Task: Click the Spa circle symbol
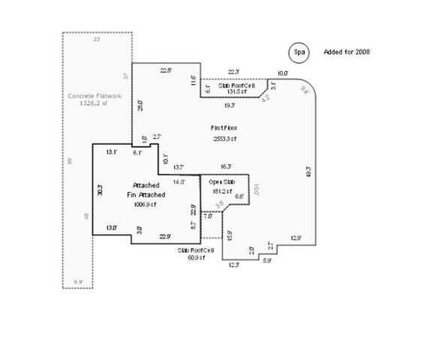point(299,52)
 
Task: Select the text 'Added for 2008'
point(346,52)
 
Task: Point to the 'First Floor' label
point(224,129)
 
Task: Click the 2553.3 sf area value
point(224,139)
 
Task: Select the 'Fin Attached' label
point(145,194)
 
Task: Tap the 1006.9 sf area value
point(145,204)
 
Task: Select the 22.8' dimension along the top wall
point(167,70)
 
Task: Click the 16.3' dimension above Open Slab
point(226,166)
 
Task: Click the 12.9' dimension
point(296,238)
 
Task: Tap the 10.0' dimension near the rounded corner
point(283,73)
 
